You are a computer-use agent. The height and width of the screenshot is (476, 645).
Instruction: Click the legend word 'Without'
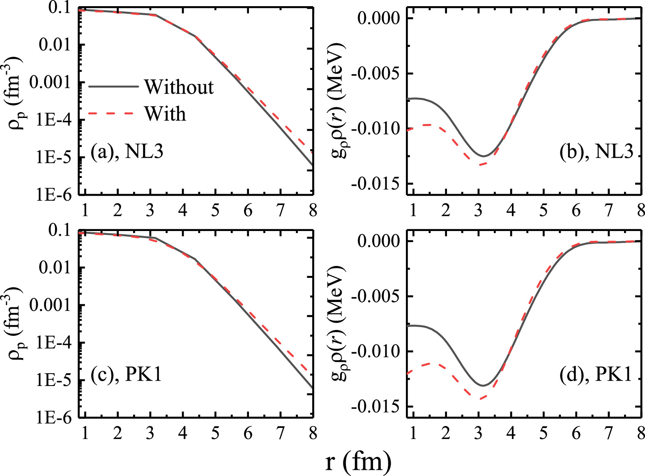point(179,87)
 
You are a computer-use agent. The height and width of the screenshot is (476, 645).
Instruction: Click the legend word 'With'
point(165,114)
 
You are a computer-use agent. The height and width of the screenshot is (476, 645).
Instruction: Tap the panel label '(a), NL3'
point(127,152)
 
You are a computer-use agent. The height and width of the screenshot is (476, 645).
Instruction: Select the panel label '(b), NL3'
point(596,152)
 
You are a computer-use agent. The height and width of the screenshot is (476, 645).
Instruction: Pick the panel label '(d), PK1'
point(595,375)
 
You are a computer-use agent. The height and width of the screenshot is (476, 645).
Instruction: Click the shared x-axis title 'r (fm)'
point(358,462)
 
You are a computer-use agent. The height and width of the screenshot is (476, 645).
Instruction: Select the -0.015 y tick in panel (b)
point(375,184)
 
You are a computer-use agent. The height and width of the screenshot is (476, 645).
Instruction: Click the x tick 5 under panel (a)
point(215,211)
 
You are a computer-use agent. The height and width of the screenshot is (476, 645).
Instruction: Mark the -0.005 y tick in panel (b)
point(375,74)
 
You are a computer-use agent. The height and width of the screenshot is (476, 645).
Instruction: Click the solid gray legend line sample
point(113,87)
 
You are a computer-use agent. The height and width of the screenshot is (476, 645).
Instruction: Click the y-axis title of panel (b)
point(338,101)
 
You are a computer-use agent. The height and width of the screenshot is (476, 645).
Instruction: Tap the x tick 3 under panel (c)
point(150,433)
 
